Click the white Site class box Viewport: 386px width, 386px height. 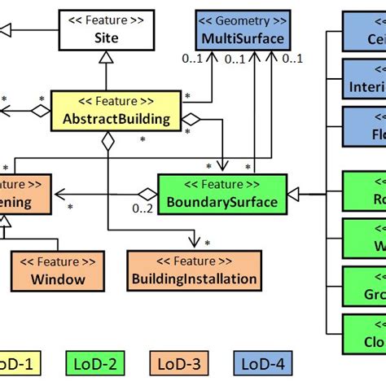click(106, 29)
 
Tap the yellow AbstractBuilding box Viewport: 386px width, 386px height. click(116, 112)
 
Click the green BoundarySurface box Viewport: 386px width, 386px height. click(221, 195)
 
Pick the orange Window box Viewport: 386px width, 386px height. click(59, 271)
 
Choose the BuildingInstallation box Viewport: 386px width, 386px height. click(195, 271)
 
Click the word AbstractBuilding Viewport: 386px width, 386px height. click(116, 120)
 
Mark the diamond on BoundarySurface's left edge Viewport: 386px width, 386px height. click(147, 195)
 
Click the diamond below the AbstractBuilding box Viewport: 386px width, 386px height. click(107, 143)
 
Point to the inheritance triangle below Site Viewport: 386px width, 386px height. click(107, 56)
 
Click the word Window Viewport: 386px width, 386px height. click(59, 279)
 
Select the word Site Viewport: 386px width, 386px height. click(106, 37)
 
